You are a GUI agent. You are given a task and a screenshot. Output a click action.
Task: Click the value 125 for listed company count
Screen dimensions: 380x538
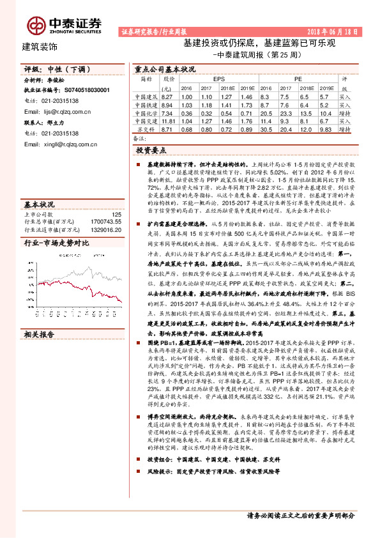point(116,215)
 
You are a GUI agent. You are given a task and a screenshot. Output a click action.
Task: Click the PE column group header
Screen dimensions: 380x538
point(298,79)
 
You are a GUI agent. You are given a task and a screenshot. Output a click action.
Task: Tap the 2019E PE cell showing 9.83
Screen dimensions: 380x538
point(325,129)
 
